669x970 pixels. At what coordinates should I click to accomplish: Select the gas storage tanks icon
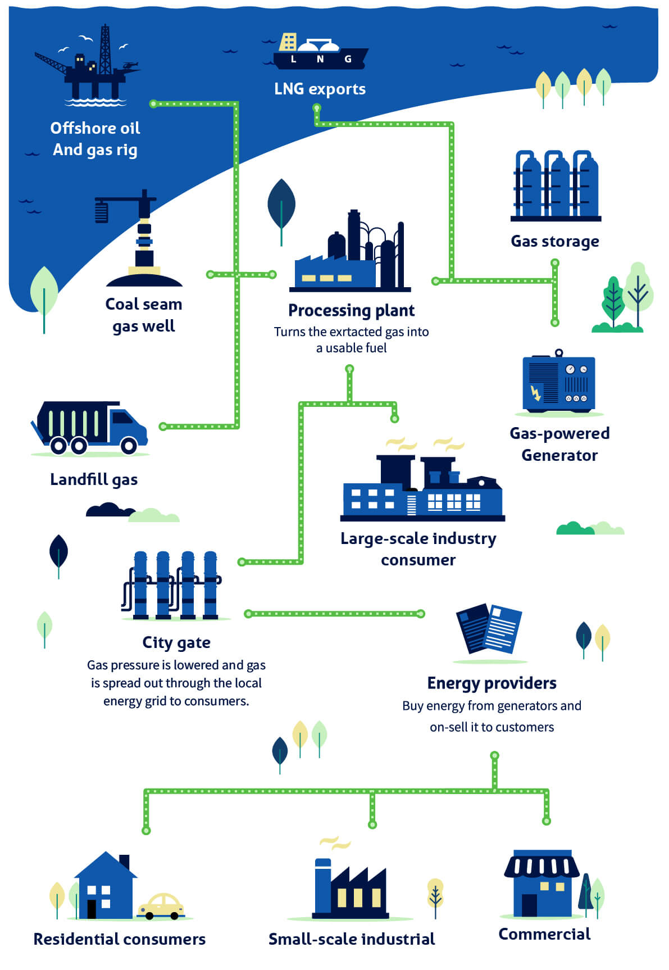[556, 185]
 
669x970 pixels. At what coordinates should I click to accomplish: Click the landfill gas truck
[89, 428]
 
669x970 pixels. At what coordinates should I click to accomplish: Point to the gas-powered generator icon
[559, 382]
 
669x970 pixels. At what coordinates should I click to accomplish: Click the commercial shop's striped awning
[541, 866]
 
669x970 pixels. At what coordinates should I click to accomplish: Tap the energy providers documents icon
[489, 628]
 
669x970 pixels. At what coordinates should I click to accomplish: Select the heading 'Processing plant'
[352, 310]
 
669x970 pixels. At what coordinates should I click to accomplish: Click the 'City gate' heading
[176, 642]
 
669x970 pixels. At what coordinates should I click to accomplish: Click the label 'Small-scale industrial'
[352, 939]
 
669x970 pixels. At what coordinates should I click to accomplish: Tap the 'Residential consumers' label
[120, 939]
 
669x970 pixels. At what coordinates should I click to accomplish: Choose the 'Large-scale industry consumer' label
[418, 549]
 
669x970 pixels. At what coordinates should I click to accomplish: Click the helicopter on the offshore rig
[131, 66]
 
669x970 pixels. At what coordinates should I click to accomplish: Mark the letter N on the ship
[320, 59]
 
